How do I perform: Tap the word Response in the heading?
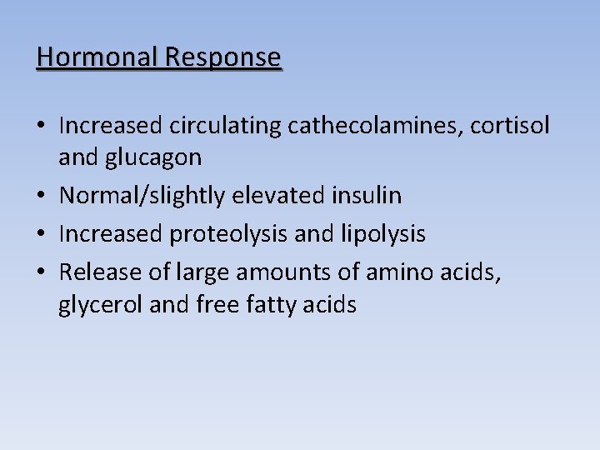(x=223, y=57)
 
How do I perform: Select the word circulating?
(x=225, y=126)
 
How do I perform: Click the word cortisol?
(x=510, y=126)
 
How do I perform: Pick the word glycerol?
(x=101, y=305)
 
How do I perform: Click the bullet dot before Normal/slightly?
(x=42, y=197)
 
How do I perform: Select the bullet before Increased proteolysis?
(x=42, y=235)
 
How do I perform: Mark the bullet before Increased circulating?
(x=42, y=127)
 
